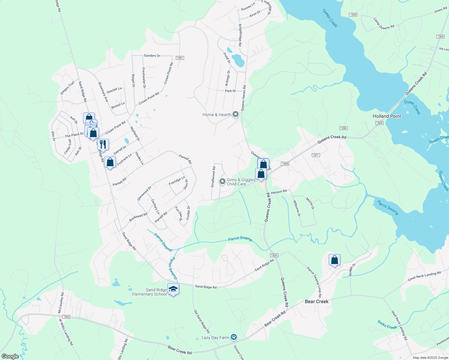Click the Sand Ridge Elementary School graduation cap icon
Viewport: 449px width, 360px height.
[173, 289]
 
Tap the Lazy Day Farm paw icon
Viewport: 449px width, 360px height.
[234, 337]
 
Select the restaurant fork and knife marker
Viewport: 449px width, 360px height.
[103, 145]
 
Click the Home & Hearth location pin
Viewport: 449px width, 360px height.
[236, 114]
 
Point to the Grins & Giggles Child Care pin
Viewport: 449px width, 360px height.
[222, 181]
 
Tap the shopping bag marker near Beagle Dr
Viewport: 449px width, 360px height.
[334, 260]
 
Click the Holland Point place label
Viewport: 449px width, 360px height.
[387, 116]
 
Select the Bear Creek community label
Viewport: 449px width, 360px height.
[317, 301]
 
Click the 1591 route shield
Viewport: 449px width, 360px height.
[179, 58]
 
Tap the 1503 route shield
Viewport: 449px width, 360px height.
[66, 317]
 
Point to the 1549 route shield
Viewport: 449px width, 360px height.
[353, 15]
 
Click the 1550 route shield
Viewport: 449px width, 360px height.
[343, 128]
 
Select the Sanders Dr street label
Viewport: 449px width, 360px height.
[152, 55]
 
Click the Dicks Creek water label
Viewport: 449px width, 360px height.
[387, 325]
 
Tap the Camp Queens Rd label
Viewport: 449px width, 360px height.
[384, 23]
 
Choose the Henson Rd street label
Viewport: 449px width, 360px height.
[279, 192]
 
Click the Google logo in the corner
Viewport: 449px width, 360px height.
[10, 356]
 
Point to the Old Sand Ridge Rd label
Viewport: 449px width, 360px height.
[201, 321]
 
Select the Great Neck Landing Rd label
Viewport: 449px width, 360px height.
[424, 276]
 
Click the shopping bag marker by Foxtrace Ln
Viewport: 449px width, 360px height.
[110, 162]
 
